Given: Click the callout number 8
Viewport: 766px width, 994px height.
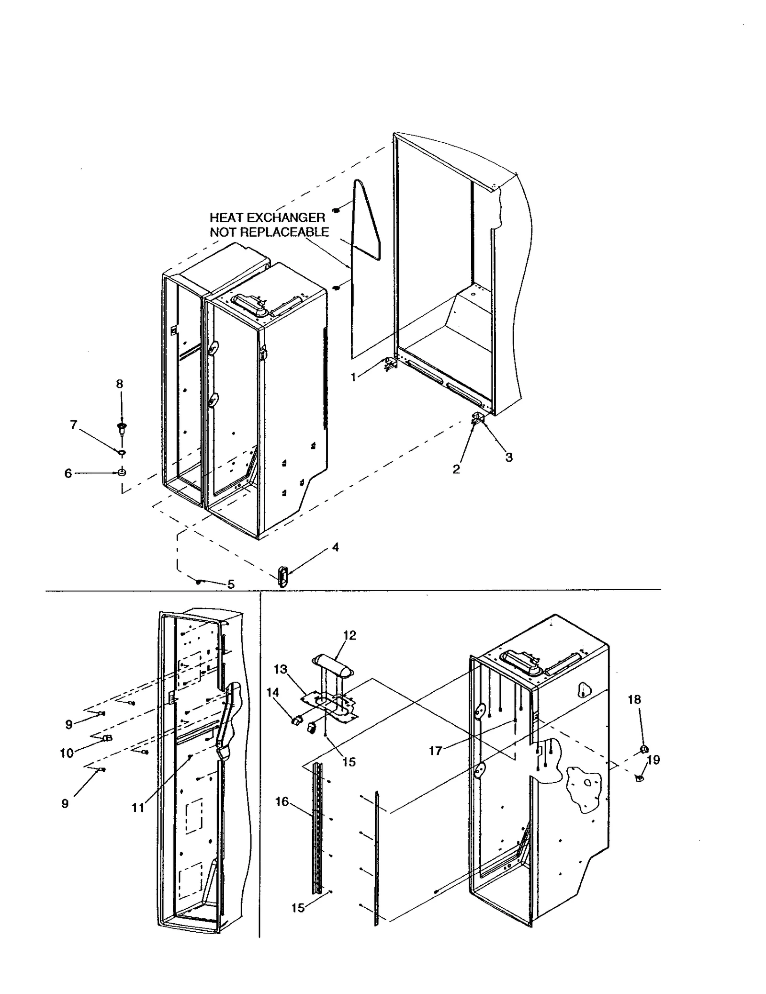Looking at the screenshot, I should coord(119,384).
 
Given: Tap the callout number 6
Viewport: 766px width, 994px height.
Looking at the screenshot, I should coord(68,473).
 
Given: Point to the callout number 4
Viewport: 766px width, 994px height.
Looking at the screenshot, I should coord(335,547).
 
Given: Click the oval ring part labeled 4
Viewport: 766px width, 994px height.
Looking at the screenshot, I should coord(283,576).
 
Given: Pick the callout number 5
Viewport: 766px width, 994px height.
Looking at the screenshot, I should coord(231,584).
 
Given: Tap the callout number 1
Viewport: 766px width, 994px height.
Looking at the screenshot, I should coord(353,377).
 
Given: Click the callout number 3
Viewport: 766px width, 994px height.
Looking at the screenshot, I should coord(509,457).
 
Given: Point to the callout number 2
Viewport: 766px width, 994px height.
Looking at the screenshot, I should coord(456,469).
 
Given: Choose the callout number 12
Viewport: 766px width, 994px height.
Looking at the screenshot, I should coord(349,635).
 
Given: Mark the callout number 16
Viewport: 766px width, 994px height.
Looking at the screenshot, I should coord(282,801).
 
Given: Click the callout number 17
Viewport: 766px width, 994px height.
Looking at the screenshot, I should coord(435,751).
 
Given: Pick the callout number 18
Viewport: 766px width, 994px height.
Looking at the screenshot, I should coord(634,699).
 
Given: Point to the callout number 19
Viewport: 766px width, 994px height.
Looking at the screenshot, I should coord(653,760).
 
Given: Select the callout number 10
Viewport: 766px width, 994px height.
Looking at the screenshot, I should coord(67,753).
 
